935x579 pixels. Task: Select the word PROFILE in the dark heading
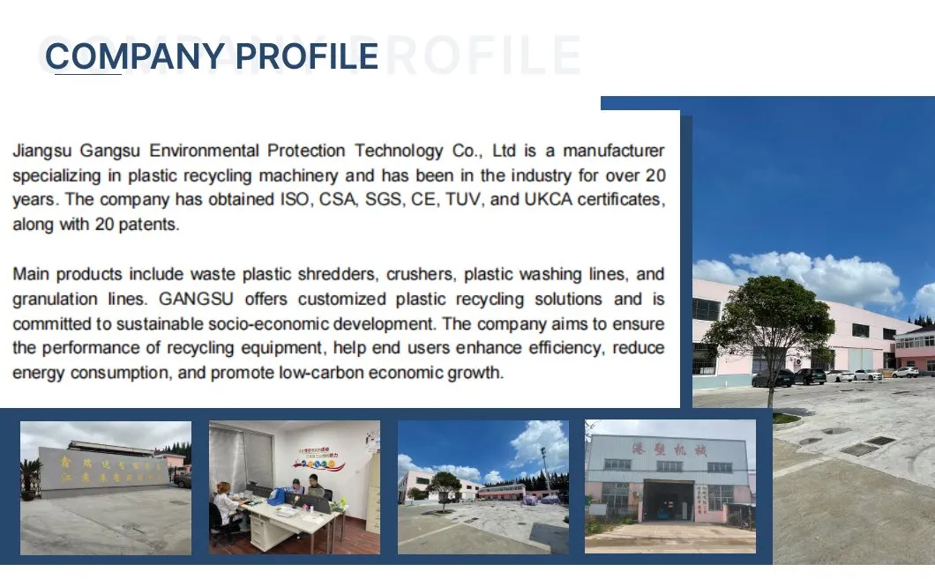point(307,56)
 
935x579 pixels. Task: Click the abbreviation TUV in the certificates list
point(459,199)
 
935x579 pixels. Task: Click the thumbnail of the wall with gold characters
point(106,487)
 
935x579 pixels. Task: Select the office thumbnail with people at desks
point(294,487)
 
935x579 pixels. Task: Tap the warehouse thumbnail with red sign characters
point(670,487)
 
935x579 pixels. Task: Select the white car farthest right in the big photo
point(907,372)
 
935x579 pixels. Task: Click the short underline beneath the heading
point(88,75)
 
